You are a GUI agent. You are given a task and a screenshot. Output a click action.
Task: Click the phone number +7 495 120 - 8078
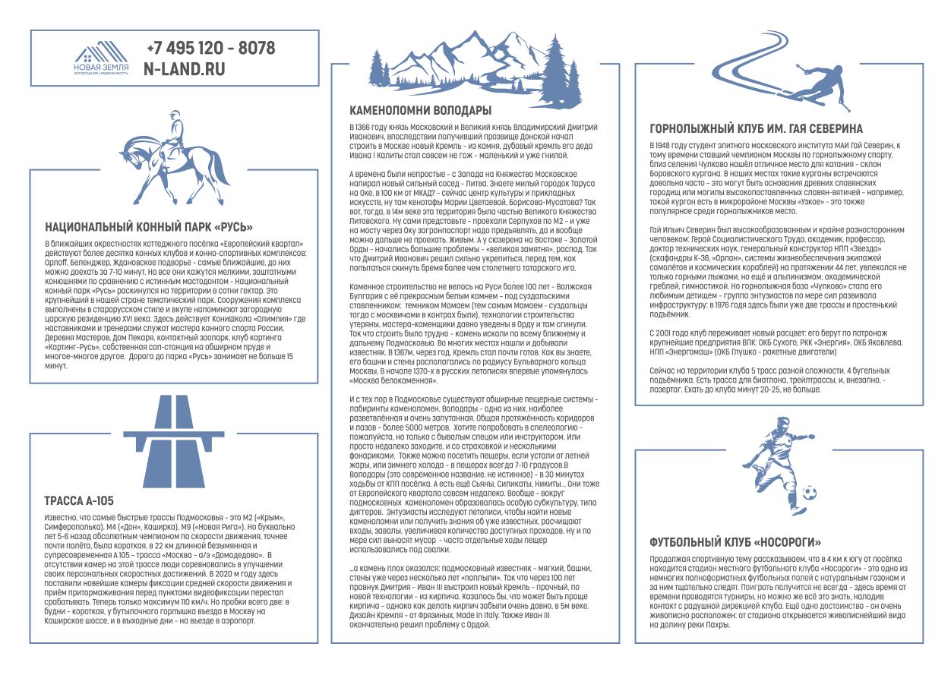coord(210,49)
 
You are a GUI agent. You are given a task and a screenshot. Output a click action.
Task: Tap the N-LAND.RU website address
coord(185,69)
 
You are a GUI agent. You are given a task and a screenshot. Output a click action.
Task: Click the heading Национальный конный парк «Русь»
coord(149,226)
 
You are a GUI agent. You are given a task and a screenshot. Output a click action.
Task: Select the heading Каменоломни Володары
coord(420,111)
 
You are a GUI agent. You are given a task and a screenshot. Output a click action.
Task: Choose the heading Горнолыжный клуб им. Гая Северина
coord(757,129)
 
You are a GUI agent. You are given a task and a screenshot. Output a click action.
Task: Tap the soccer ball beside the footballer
coord(810,494)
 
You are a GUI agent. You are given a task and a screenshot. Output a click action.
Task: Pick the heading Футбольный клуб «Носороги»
coord(735,542)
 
